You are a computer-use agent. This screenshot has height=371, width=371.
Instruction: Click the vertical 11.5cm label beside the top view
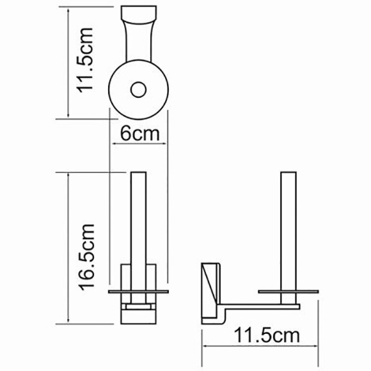(x=85, y=61)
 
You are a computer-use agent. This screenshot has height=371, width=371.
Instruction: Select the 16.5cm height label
(x=85, y=257)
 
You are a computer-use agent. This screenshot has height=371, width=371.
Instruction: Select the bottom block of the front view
(x=138, y=314)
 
